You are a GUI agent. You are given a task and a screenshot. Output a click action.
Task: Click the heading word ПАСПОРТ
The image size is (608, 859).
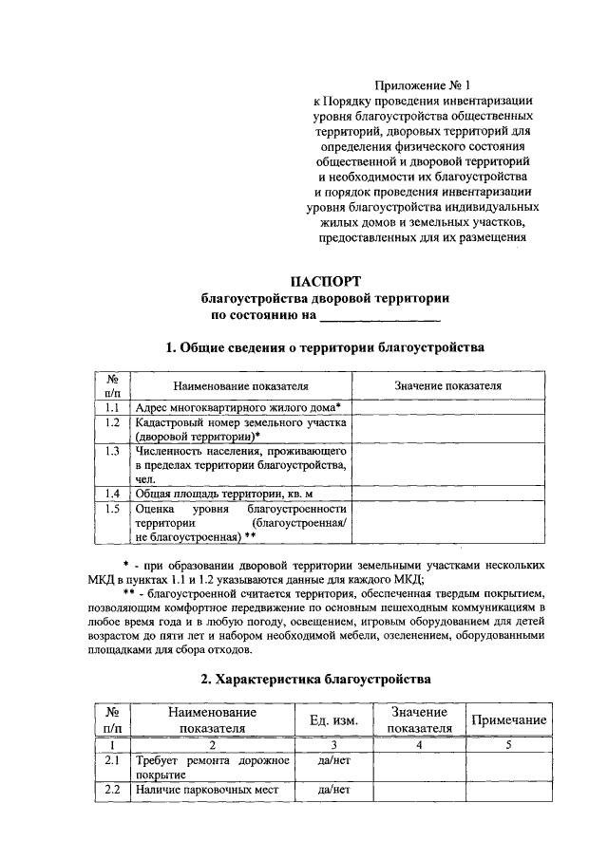(325, 280)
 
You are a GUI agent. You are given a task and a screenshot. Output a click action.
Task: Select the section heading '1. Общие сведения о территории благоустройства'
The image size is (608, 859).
(325, 347)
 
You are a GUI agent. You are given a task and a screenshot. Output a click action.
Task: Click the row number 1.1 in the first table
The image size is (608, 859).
(112, 406)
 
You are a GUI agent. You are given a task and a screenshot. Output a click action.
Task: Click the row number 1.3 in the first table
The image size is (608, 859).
(112, 452)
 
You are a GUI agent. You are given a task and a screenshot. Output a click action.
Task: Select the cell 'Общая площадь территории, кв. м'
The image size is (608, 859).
(224, 494)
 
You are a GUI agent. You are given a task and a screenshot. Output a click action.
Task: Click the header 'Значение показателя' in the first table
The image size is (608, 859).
(447, 386)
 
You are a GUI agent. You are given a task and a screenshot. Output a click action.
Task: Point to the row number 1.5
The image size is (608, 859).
(112, 509)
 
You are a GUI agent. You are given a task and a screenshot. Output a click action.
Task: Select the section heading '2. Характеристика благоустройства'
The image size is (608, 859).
(315, 679)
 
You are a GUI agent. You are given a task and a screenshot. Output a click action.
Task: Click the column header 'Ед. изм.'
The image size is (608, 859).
(333, 720)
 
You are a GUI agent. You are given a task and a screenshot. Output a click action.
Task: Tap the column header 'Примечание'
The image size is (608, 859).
(509, 720)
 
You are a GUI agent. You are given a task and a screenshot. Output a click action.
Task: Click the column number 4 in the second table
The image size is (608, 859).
(418, 745)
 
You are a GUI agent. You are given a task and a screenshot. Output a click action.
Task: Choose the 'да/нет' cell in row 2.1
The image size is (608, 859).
(333, 761)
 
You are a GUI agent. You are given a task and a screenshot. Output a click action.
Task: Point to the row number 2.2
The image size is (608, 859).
(112, 789)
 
